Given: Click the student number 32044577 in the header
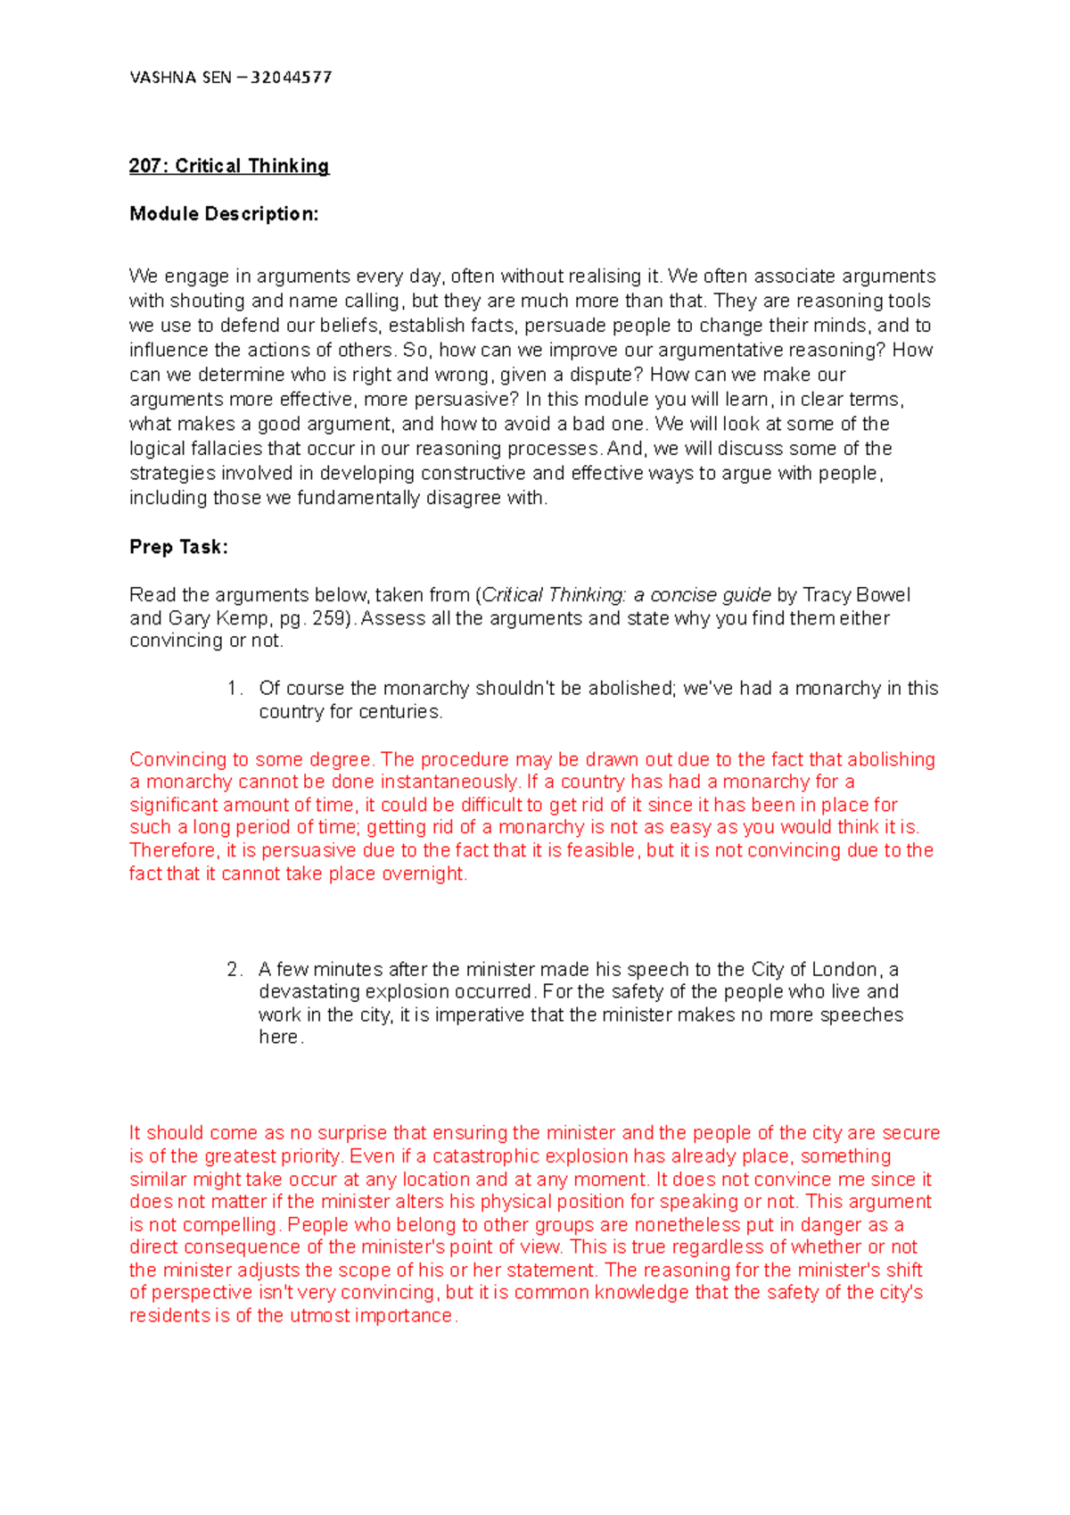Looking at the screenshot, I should point(291,78).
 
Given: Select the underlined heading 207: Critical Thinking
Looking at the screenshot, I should point(229,166).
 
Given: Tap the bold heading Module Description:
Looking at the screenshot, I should point(224,214).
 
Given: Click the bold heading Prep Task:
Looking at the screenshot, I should point(178,547).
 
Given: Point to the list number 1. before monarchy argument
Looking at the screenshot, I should point(235,689).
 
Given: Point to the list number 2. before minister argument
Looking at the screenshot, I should point(235,970).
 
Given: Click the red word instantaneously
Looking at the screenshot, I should point(449,782).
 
